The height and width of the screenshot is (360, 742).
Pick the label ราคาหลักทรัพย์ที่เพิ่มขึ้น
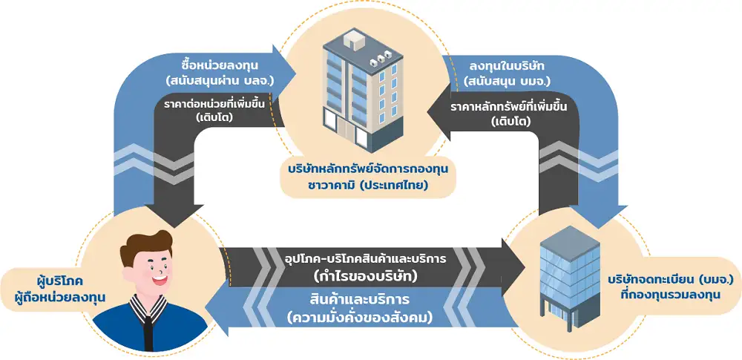pos(509,107)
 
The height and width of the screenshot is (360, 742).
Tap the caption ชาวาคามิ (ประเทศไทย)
pos(368,186)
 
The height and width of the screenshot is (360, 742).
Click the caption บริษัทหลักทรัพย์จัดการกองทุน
pos(368,168)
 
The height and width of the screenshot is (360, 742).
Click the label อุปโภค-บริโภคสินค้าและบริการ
pos(366,259)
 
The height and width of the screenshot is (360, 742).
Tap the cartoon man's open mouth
pos(160,280)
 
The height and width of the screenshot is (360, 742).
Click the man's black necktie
pos(148,327)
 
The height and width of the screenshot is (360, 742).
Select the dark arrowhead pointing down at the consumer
pos(173,215)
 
